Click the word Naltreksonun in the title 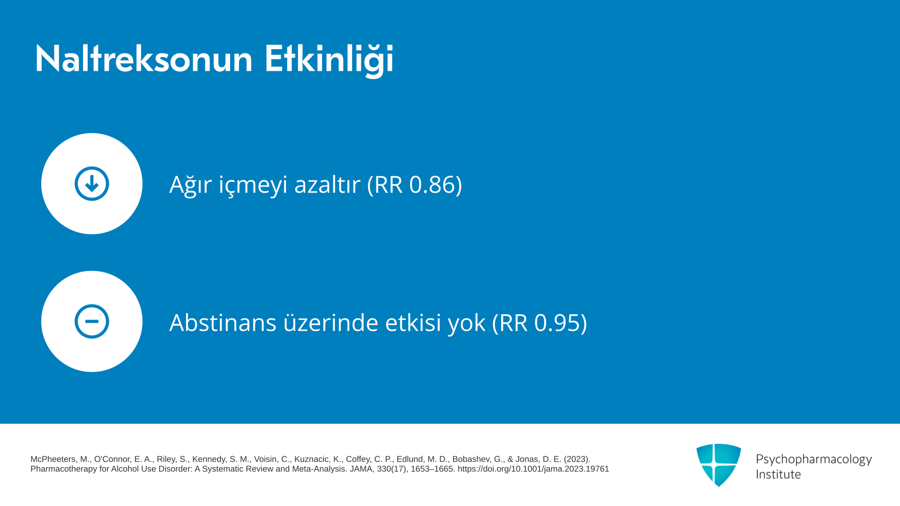coord(144,59)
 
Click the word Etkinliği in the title coord(329,60)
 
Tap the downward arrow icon coord(92,184)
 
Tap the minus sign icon coord(92,321)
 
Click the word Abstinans coord(223,322)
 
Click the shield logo coord(719,465)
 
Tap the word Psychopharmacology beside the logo coord(814,460)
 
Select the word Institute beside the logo coord(778,474)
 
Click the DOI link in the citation coord(533,469)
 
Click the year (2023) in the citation coord(577,459)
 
